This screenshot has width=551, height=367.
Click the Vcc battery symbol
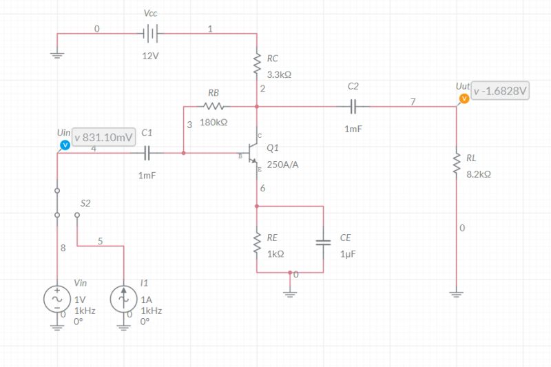point(150,33)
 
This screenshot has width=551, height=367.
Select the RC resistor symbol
point(256,66)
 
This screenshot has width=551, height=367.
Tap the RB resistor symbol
point(214,107)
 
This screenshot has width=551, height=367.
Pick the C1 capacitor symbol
point(147,153)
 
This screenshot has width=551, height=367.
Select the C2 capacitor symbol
point(353,107)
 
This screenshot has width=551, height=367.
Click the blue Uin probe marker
point(64,145)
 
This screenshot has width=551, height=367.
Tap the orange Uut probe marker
point(464,98)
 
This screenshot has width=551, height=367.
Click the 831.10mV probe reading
point(103,137)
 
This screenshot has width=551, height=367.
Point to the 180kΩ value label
point(214,122)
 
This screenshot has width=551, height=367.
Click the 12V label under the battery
point(150,56)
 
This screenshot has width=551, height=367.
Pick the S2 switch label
point(85,203)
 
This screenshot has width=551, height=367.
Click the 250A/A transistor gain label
point(282,165)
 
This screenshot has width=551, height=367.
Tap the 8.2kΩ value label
point(479,175)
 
